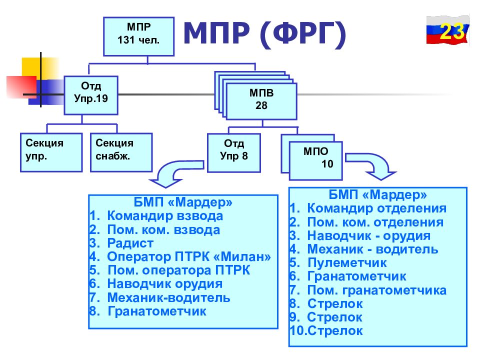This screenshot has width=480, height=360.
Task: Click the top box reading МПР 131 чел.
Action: (138, 36)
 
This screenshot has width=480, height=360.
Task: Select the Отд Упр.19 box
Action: (91, 95)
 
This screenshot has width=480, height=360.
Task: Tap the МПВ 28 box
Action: (261, 101)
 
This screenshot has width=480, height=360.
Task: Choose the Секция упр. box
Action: (51, 152)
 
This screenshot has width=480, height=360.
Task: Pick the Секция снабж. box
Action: (121, 152)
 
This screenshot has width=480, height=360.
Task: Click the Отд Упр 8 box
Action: (234, 153)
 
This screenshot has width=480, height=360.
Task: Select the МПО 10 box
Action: (315, 160)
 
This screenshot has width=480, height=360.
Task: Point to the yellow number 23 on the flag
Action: (452, 31)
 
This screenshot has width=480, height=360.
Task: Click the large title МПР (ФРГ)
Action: (265, 34)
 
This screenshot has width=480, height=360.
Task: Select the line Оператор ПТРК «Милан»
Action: (180, 256)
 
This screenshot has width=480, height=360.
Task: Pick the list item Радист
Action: (121, 243)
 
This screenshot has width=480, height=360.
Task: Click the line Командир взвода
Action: (156, 216)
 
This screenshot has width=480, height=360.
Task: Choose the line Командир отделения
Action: (368, 208)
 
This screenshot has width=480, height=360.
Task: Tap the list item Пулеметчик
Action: (338, 262)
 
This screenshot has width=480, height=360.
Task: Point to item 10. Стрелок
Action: (326, 330)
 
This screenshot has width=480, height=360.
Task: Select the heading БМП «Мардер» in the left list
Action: (183, 202)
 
